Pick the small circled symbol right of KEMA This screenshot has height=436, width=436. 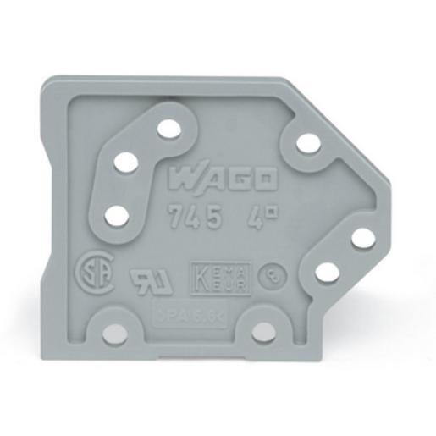pyautogui.click(x=269, y=273)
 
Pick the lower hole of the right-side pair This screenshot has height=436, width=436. pyautogui.click(x=328, y=272)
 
